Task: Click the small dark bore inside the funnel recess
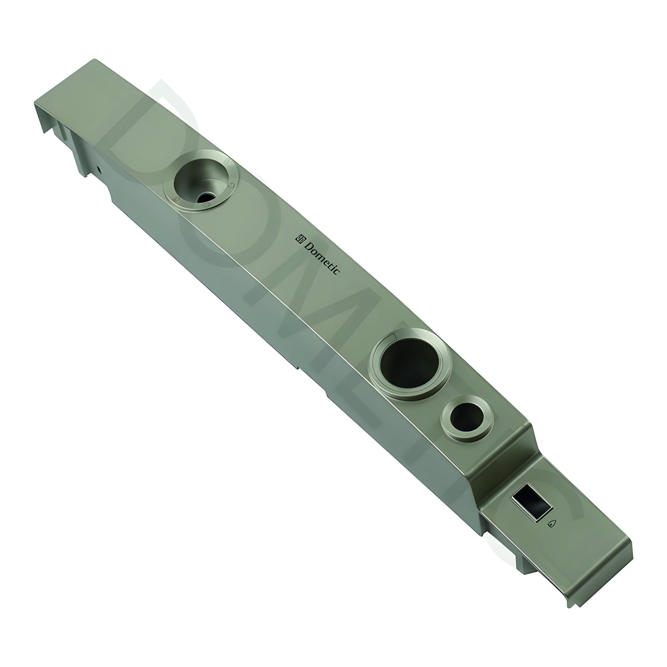pos(205,197)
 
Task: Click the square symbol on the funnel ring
pos(206,205)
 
